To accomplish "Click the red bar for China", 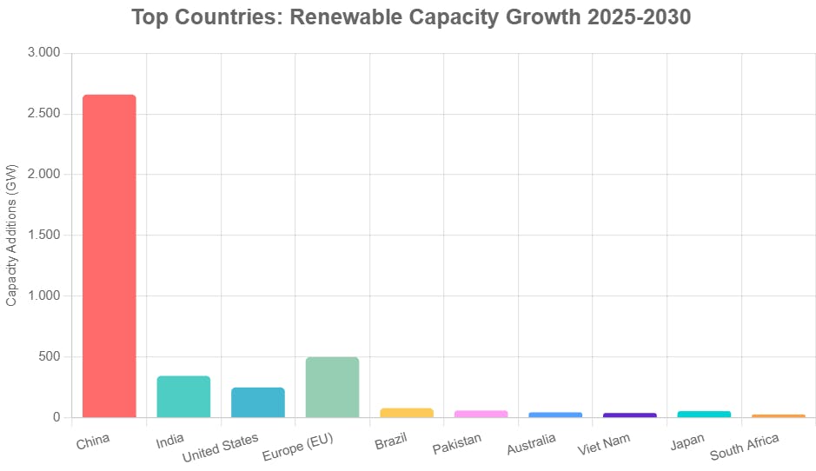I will pyautogui.click(x=109, y=255).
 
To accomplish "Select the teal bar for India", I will pyautogui.click(x=183, y=396).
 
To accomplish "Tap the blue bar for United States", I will pyautogui.click(x=258, y=402).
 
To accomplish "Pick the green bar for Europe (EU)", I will pyautogui.click(x=332, y=387).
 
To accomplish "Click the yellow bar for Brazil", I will pyautogui.click(x=407, y=413).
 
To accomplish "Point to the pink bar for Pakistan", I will pyautogui.click(x=481, y=414).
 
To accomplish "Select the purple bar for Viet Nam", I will pyautogui.click(x=629, y=415).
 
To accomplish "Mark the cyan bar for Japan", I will pyautogui.click(x=704, y=414).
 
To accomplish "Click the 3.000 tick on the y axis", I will pyautogui.click(x=44, y=53).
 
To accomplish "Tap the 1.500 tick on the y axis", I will pyautogui.click(x=44, y=235).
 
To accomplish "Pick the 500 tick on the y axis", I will pyautogui.click(x=49, y=356).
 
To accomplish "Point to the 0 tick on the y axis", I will pyautogui.click(x=57, y=417).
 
